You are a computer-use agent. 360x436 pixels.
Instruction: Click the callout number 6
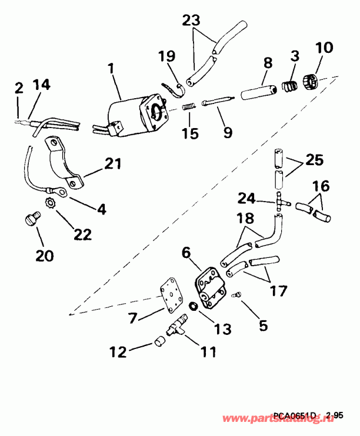(x=186, y=253)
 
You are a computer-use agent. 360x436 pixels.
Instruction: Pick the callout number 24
(x=247, y=197)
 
